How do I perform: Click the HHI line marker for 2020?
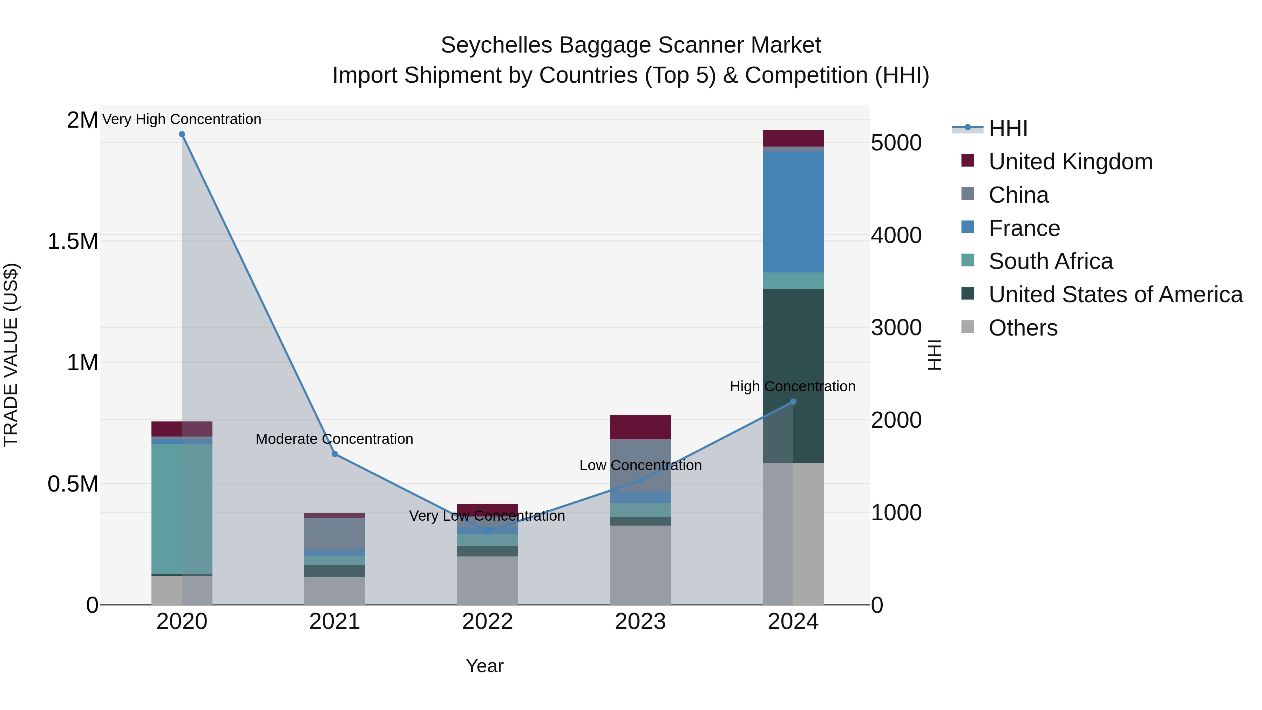[182, 134]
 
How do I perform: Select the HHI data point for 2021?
[335, 454]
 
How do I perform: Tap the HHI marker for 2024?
[793, 402]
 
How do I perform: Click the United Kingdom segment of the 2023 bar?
[640, 427]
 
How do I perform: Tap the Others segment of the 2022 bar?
[488, 580]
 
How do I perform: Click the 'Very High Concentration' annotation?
[182, 119]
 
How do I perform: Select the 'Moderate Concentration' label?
[335, 439]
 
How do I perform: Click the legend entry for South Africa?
[1050, 261]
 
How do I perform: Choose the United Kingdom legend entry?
[1071, 162]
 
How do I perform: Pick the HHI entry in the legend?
[1008, 128]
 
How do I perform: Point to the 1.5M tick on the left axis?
[73, 242]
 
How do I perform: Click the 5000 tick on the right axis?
[896, 143]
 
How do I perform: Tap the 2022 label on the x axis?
[488, 622]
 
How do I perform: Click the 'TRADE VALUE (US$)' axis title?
[11, 355]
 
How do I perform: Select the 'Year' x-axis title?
[484, 666]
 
